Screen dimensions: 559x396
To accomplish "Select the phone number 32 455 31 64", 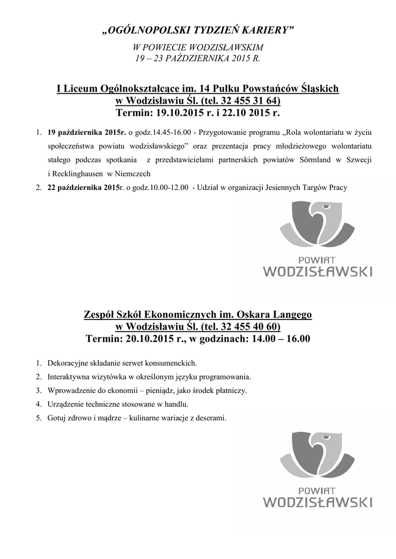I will click(251, 101).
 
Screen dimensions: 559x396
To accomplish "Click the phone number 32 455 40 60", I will click(251, 327).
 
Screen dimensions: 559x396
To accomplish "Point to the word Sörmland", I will click(302, 160).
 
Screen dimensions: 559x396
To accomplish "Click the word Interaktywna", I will click(69, 377).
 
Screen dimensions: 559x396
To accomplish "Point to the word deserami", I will click(208, 419).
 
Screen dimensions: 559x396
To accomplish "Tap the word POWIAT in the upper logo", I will click(318, 259).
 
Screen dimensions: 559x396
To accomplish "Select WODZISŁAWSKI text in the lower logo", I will click(318, 502).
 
